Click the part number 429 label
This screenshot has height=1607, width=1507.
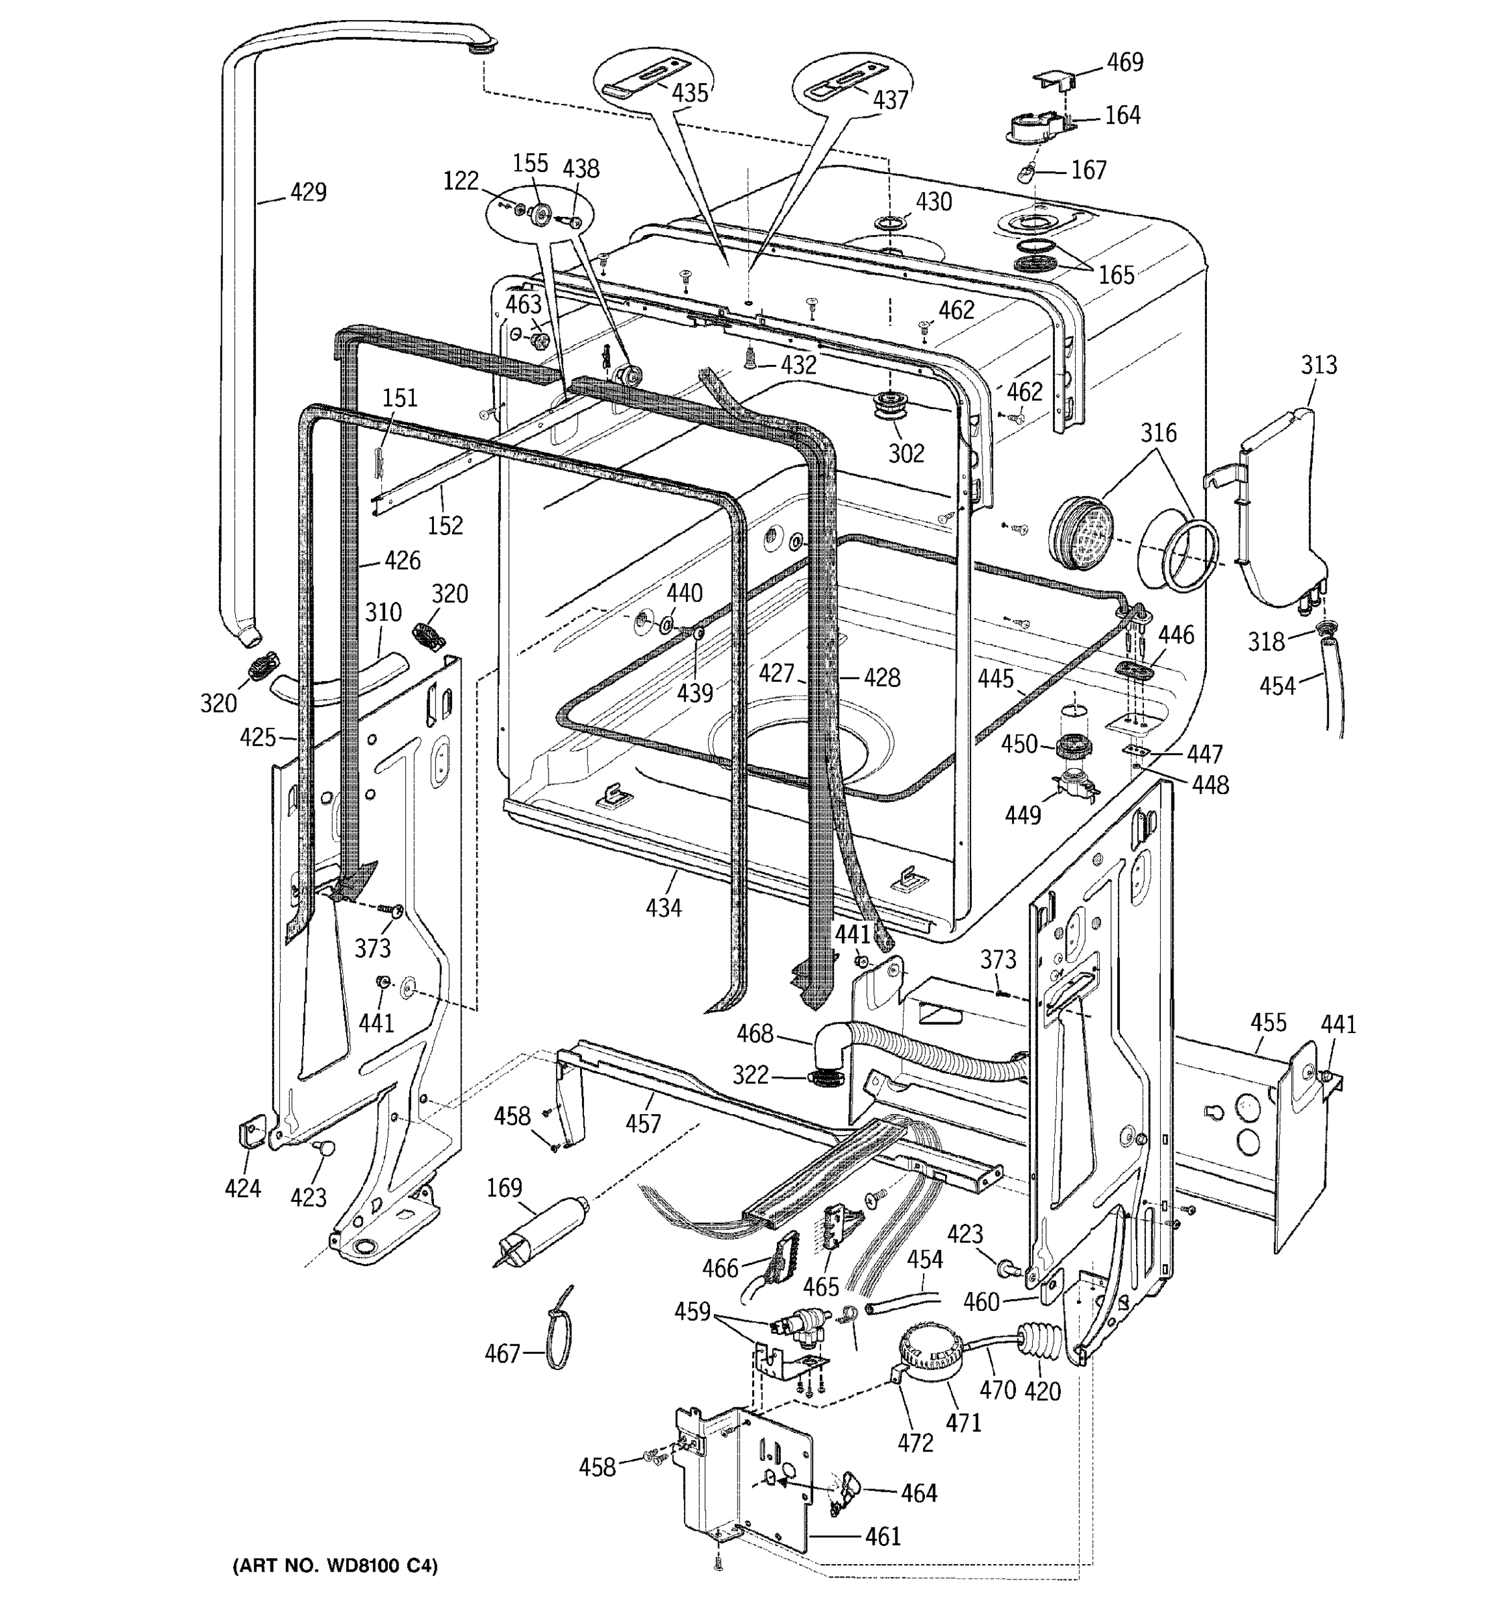click(308, 192)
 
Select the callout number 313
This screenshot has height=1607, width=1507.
click(1319, 366)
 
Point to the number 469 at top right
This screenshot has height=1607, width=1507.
click(1125, 62)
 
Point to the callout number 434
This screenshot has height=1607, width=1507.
click(663, 908)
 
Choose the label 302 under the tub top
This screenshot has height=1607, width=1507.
click(906, 453)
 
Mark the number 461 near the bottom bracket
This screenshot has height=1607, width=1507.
click(882, 1536)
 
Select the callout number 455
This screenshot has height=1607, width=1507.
click(1268, 1022)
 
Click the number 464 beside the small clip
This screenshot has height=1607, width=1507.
click(918, 1493)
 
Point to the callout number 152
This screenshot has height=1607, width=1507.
click(445, 526)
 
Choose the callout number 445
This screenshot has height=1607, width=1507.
click(995, 678)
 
